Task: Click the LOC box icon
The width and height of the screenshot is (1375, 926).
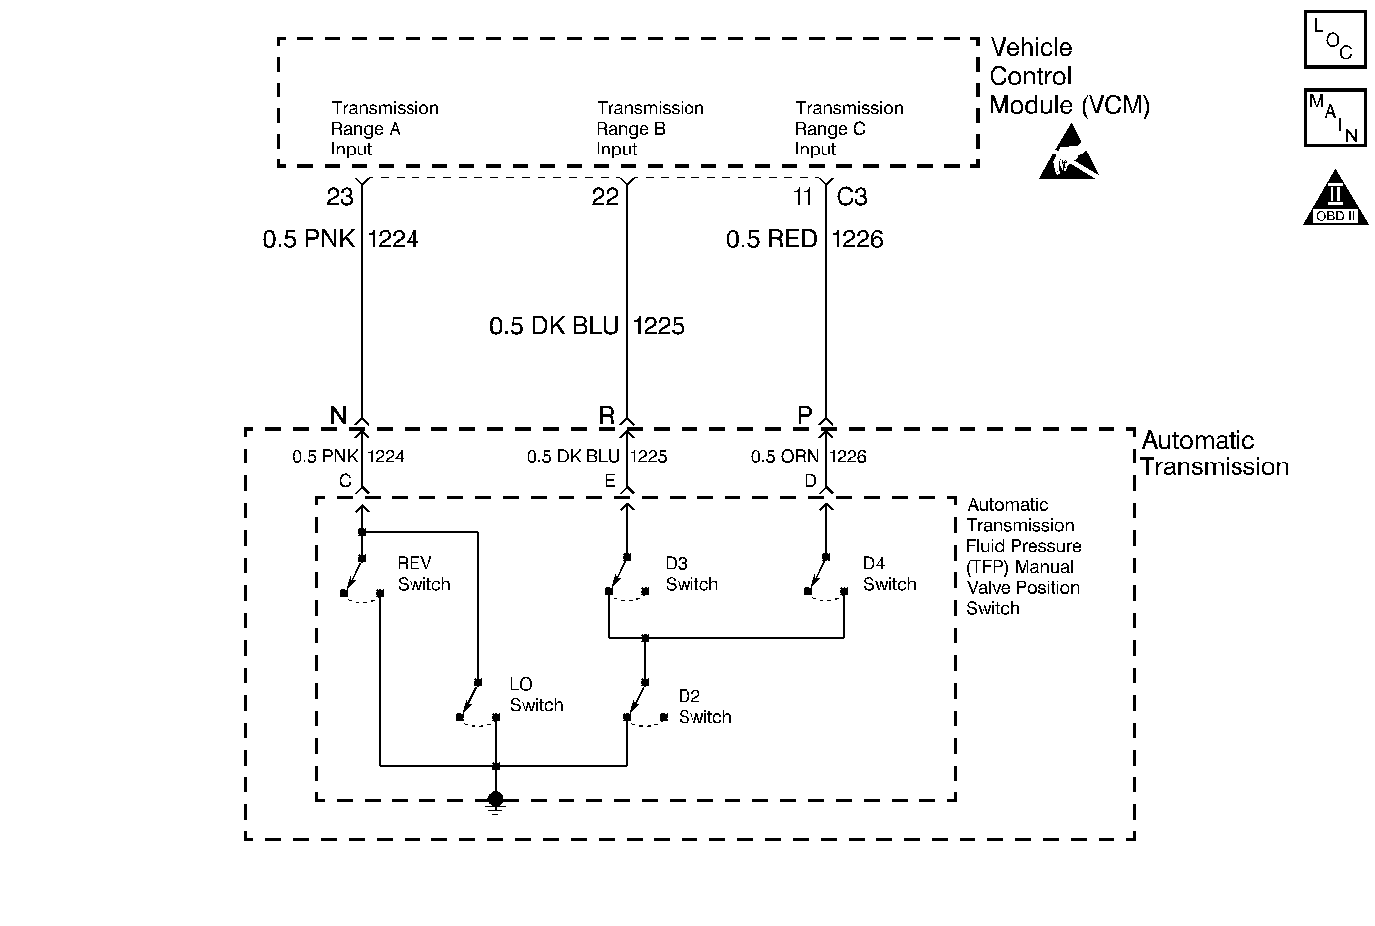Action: tap(1335, 39)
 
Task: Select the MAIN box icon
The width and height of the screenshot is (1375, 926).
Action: tap(1335, 118)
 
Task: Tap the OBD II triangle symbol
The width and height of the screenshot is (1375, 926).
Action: tap(1335, 198)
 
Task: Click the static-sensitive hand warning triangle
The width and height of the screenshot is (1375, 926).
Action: tap(1069, 152)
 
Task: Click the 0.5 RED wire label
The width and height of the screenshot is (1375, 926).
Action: tap(771, 239)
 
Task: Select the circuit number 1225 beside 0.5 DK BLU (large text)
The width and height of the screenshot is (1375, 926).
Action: tap(658, 326)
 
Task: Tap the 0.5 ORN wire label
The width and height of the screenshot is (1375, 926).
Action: tap(784, 457)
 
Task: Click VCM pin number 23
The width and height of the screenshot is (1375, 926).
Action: tap(340, 197)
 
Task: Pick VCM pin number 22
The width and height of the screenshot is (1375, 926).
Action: tap(605, 197)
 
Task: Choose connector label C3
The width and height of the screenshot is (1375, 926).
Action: tap(851, 197)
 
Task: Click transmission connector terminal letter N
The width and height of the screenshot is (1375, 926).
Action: tap(338, 416)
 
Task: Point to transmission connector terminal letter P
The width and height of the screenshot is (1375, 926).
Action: tap(805, 416)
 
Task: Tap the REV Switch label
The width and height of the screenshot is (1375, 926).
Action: tap(423, 573)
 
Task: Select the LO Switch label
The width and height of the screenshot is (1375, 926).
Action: tap(536, 695)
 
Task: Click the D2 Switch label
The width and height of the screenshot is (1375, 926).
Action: tap(704, 706)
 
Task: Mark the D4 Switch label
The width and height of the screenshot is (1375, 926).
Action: tap(889, 573)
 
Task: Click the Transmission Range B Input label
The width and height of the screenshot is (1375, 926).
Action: tap(650, 129)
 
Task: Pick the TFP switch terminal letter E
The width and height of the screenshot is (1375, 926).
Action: tap(610, 481)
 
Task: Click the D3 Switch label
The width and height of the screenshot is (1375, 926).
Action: tap(691, 573)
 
